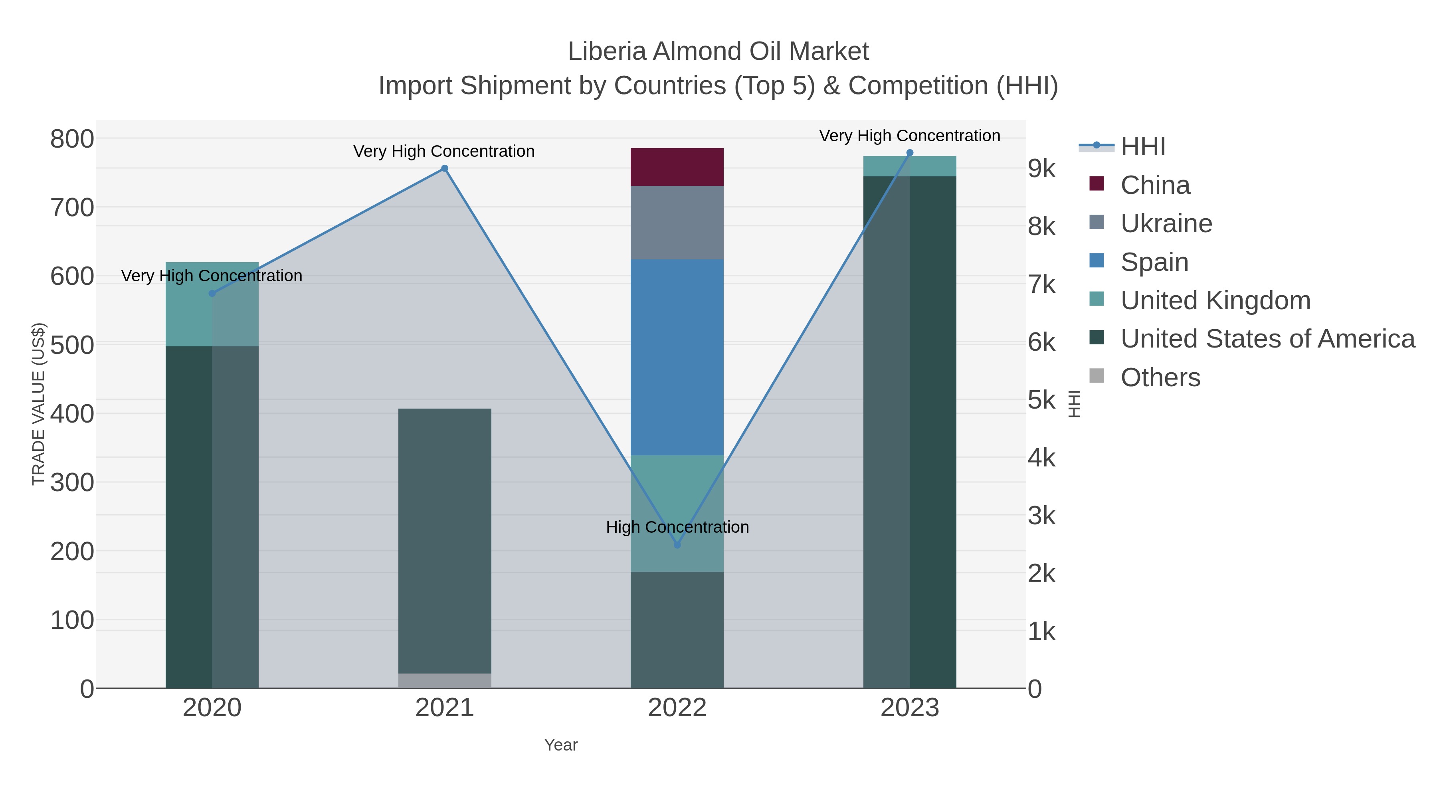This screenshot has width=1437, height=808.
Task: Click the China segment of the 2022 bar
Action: pos(677,167)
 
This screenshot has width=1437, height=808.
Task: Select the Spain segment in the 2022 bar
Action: pos(677,357)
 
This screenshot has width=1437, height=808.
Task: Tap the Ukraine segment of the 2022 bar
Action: pos(677,223)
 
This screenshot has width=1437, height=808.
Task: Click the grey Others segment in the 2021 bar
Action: pos(445,680)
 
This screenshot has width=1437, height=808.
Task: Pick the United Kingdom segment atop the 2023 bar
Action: pos(909,166)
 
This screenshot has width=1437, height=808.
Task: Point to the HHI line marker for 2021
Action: pos(445,168)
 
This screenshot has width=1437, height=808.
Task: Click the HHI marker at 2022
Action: pos(677,545)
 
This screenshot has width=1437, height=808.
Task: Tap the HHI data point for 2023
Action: pos(910,153)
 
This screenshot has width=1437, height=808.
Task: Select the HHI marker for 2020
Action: pos(212,293)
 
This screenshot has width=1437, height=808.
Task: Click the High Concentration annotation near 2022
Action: pos(677,527)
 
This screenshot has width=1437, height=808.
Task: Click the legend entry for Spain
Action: pos(1154,262)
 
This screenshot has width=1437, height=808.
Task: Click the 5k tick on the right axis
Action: pos(1041,400)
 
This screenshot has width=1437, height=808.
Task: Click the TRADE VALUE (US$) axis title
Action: pos(38,404)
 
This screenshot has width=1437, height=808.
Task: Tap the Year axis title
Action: pos(561,745)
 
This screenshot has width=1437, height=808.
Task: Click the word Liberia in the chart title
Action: pos(607,51)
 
